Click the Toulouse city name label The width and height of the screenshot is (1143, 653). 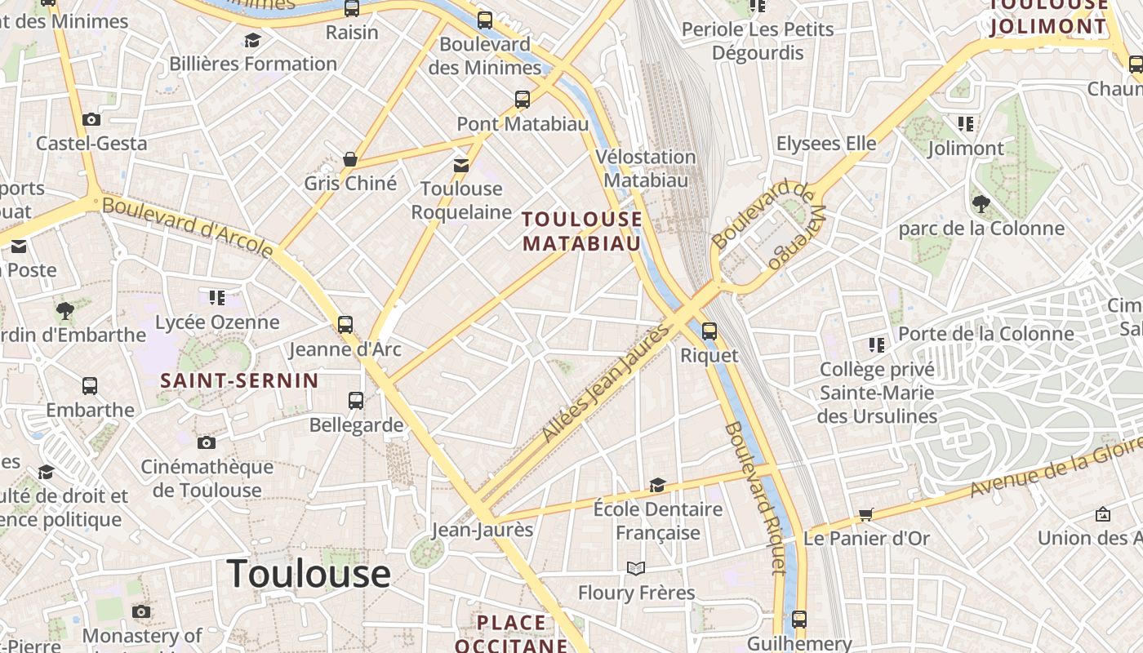309,574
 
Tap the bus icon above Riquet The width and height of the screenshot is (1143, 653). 709,331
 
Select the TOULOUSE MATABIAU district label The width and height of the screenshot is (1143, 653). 582,231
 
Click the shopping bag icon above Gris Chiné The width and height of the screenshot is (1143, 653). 350,158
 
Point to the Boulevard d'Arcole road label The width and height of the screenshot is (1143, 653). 188,226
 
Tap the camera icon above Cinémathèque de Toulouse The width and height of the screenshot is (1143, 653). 207,442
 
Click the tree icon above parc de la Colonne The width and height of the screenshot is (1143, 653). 981,203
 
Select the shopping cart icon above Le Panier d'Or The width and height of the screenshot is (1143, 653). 866,514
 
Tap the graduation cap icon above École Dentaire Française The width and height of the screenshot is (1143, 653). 657,485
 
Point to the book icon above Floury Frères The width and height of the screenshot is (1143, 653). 636,568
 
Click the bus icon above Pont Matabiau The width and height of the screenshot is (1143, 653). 523,100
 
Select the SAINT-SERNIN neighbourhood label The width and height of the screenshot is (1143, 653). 239,380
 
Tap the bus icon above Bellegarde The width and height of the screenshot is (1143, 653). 356,400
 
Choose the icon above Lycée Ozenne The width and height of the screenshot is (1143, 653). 217,298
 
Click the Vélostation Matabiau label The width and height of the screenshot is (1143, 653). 645,168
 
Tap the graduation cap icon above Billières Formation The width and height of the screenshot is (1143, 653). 252,40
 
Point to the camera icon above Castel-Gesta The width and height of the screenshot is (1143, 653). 91,119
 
